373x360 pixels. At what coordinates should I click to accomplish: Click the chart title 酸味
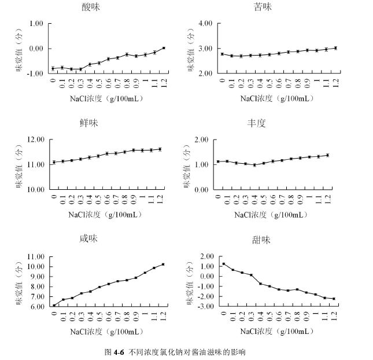click(90, 7)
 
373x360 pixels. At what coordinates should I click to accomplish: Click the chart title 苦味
click(263, 7)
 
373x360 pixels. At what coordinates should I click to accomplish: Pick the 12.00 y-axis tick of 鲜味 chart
click(34, 139)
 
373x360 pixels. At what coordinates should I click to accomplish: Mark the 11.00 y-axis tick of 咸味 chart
click(35, 256)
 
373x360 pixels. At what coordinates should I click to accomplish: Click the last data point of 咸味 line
click(163, 265)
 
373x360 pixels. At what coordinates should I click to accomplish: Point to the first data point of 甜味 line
click(224, 264)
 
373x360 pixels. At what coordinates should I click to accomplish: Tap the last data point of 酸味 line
click(164, 48)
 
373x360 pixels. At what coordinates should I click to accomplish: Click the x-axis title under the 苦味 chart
click(278, 98)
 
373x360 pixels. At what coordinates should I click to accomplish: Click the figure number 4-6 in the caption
click(119, 351)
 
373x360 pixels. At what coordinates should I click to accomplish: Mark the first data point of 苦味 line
click(223, 54)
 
